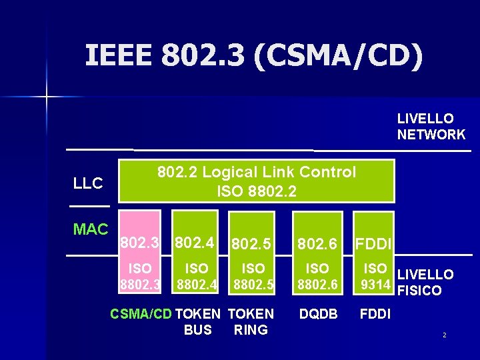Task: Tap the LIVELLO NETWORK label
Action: (431, 127)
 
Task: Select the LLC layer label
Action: (88, 183)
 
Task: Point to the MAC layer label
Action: (91, 229)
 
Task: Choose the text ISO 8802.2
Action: (257, 193)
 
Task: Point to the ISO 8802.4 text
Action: (196, 277)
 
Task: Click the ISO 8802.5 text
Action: (253, 277)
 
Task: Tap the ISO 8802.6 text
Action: (317, 277)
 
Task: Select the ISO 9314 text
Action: (375, 277)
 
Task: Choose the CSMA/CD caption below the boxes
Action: (141, 314)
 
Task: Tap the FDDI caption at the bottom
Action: (375, 314)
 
